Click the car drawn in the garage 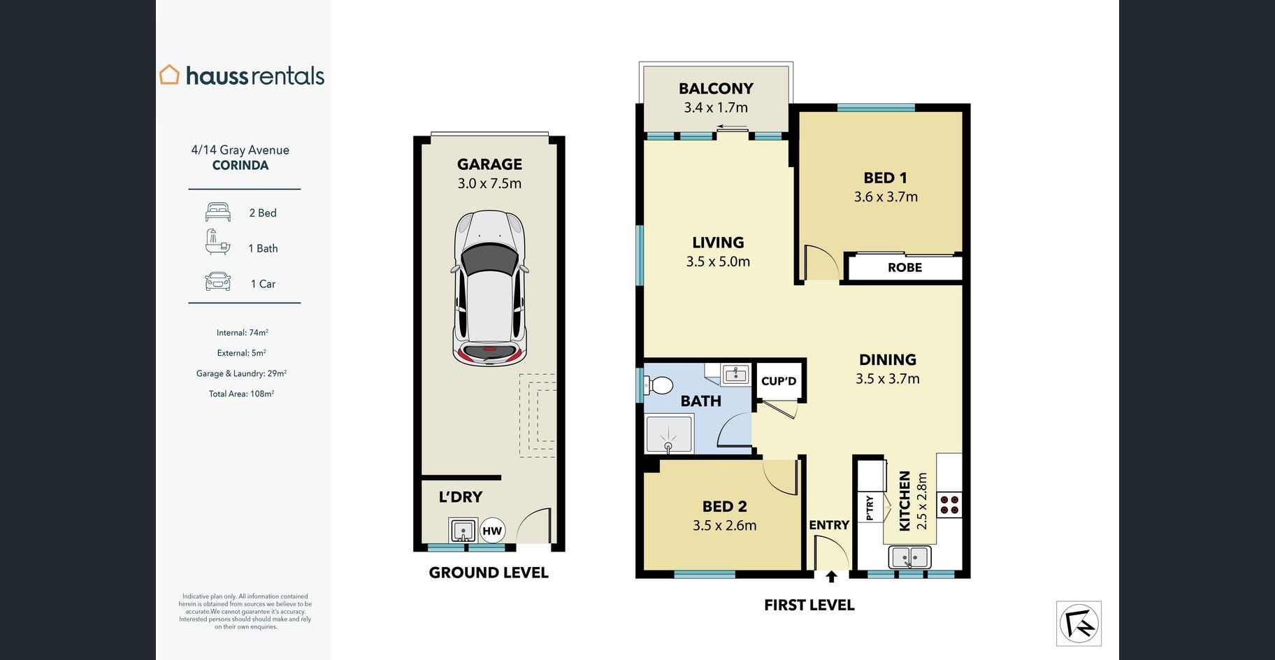[x=489, y=288]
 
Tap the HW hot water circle [x=492, y=531]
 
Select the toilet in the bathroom [x=658, y=385]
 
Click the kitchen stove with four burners [x=949, y=505]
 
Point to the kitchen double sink [x=909, y=557]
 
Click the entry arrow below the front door [x=831, y=576]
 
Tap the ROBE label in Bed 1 [x=905, y=267]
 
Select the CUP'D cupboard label [x=779, y=381]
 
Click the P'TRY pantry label [x=870, y=508]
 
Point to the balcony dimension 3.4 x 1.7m [x=716, y=108]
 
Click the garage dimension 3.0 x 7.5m [x=489, y=183]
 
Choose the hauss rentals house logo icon [x=169, y=75]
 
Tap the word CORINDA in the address [x=240, y=166]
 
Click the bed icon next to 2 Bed [x=218, y=212]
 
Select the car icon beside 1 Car [x=218, y=282]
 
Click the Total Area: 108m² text [x=241, y=394]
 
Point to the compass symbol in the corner [x=1079, y=624]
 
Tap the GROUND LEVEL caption [x=489, y=573]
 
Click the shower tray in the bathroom [x=669, y=434]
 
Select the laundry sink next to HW [x=463, y=531]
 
